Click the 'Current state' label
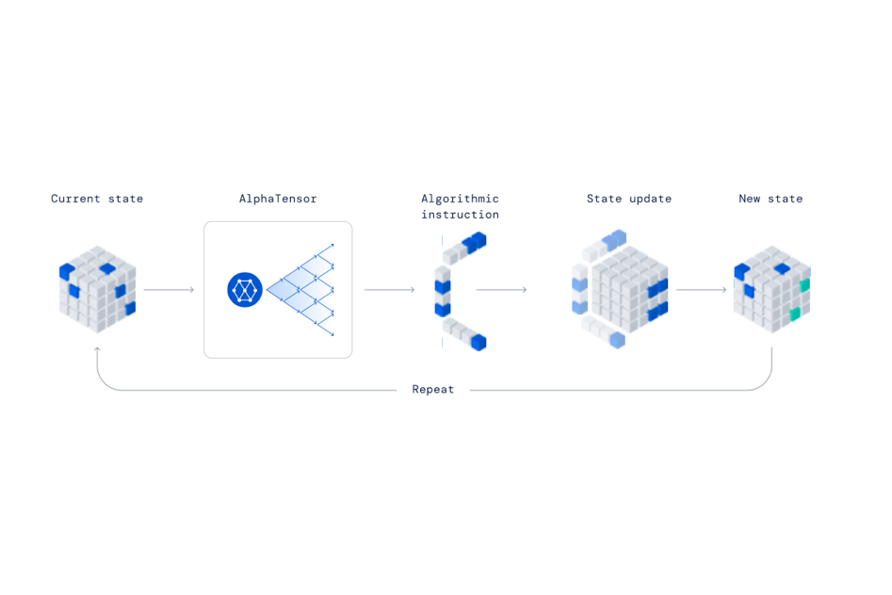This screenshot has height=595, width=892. click(97, 199)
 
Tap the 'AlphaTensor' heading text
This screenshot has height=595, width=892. click(278, 199)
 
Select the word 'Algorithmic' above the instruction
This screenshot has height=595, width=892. click(460, 199)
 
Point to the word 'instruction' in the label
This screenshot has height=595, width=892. click(460, 216)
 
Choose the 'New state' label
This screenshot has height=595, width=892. click(770, 199)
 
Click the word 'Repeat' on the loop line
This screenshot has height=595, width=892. click(433, 389)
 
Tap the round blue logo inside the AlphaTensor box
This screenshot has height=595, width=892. click(245, 290)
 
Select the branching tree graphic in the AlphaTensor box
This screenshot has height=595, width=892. click(301, 290)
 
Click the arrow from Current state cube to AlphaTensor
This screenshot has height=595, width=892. click(170, 290)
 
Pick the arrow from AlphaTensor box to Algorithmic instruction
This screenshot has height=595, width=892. click(389, 290)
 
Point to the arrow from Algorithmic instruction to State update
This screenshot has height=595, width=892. click(501, 290)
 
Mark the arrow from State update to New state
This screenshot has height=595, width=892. click(701, 290)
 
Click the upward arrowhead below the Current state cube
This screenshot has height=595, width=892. click(97, 350)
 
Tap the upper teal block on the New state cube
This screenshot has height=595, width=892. click(804, 284)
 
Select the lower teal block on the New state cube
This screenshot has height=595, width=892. click(795, 314)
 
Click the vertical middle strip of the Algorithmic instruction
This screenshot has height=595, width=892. click(442, 292)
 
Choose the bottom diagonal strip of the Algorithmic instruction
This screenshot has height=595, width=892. click(464, 334)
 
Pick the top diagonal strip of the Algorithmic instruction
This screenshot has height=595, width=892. click(464, 246)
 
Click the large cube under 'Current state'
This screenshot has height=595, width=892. click(97, 290)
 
